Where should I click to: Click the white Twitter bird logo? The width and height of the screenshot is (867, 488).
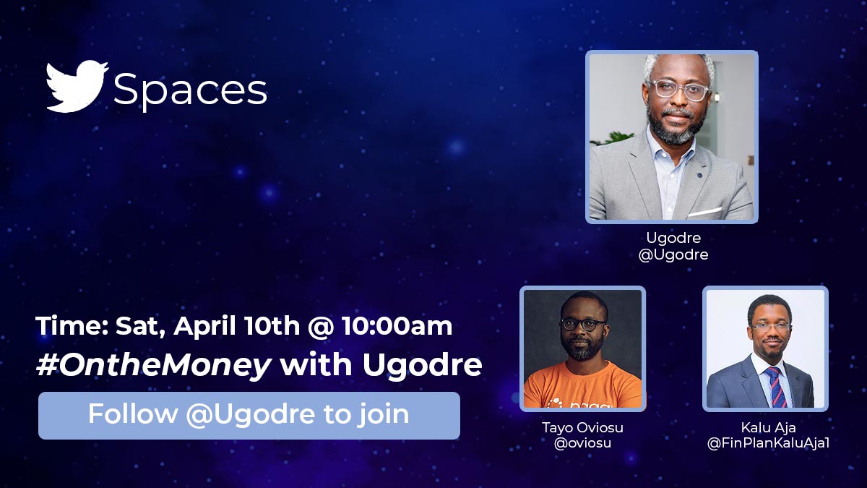tap(77, 87)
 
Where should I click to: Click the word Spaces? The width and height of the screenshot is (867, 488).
tap(190, 91)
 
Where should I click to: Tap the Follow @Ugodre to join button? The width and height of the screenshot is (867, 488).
tap(249, 415)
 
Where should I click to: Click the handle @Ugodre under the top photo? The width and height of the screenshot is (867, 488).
tap(673, 254)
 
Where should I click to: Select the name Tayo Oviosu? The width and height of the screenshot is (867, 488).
tap(582, 427)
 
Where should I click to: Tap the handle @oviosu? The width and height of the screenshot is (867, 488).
tap(582, 443)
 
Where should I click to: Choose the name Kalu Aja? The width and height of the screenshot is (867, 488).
tap(767, 427)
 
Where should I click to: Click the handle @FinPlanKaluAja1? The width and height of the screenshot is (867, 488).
tap(767, 443)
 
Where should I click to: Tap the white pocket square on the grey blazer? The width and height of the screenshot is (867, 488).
tap(705, 211)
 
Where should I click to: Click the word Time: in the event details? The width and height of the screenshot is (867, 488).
tap(72, 326)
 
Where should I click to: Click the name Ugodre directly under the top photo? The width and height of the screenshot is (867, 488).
tap(673, 238)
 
